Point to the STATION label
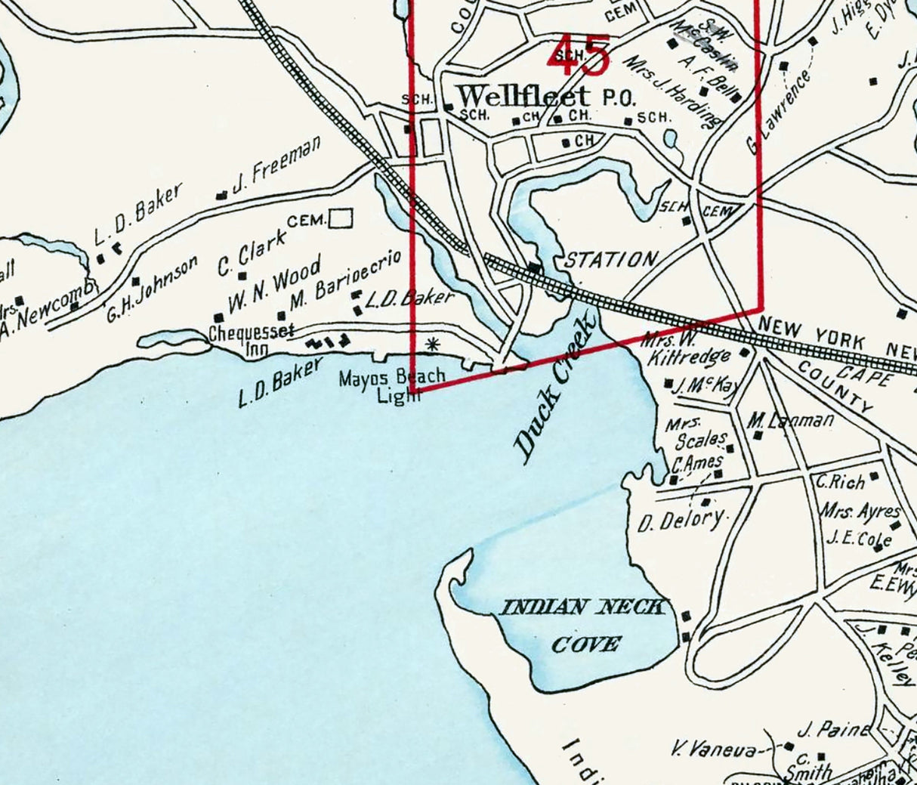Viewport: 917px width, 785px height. coord(611,260)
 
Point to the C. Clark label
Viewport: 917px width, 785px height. coord(252,253)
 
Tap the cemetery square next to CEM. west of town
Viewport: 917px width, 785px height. coord(341,218)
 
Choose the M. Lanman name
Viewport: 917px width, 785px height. coord(792,420)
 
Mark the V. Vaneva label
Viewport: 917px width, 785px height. coord(714,750)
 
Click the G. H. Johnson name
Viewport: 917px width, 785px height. coord(152,287)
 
